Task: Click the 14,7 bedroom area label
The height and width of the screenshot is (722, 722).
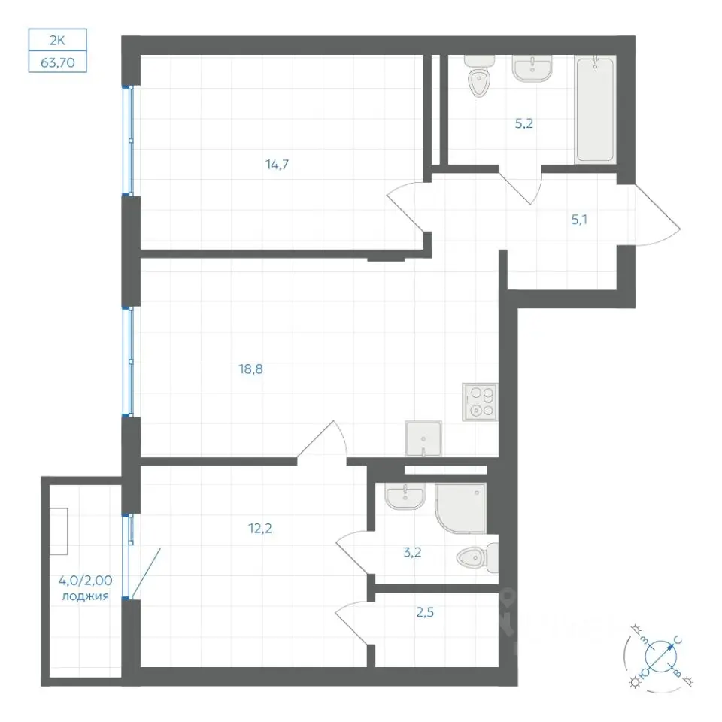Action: pyautogui.click(x=278, y=165)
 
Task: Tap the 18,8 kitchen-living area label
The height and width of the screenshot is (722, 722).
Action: pyautogui.click(x=251, y=369)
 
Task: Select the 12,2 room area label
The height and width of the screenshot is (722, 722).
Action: pyautogui.click(x=260, y=529)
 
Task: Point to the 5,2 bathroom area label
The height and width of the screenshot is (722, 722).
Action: pyautogui.click(x=524, y=123)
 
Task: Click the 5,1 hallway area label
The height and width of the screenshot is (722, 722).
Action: pyautogui.click(x=579, y=220)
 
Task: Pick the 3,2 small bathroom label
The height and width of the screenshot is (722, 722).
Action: pyautogui.click(x=412, y=552)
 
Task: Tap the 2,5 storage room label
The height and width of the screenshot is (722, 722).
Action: pyautogui.click(x=425, y=612)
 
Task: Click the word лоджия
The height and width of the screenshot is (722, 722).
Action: pyautogui.click(x=85, y=596)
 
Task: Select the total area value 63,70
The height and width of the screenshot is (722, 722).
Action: pyautogui.click(x=58, y=62)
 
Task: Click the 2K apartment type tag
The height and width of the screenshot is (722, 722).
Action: pyautogui.click(x=58, y=40)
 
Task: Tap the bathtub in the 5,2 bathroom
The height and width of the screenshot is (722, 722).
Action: pyautogui.click(x=595, y=110)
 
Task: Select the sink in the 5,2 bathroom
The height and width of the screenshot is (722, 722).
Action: pyautogui.click(x=532, y=68)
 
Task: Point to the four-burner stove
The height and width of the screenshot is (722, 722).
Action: pyautogui.click(x=481, y=402)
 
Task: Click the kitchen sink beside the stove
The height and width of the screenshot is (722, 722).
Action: pyautogui.click(x=423, y=438)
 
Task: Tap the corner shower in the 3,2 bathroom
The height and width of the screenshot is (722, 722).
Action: pyautogui.click(x=460, y=508)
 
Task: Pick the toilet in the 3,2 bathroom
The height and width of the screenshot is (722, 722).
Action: pyautogui.click(x=478, y=558)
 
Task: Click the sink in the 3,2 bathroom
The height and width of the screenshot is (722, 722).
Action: pyautogui.click(x=405, y=497)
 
